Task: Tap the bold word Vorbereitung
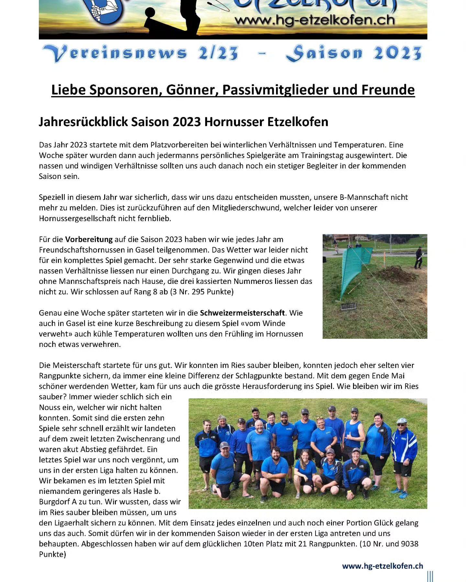[89, 240]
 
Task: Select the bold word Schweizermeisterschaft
[242, 313]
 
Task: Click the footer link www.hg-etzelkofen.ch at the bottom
[383, 566]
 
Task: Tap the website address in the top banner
[315, 20]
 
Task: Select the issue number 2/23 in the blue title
[218, 53]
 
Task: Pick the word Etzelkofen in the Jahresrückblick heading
[298, 122]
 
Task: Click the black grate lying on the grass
[349, 306]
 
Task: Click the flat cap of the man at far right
[402, 421]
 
